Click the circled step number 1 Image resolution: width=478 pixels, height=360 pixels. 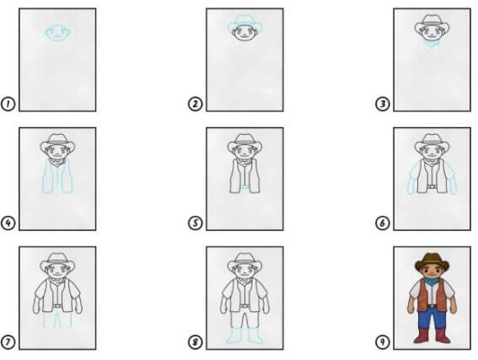[x=8, y=104]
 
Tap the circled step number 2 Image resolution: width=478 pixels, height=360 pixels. [x=195, y=104]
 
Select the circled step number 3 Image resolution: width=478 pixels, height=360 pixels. [x=382, y=104]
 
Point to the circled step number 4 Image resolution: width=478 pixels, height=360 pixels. [x=8, y=223]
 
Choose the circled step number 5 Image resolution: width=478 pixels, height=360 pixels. [x=195, y=223]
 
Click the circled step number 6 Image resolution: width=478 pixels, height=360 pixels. [x=382, y=223]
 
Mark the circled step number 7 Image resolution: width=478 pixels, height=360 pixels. [x=8, y=342]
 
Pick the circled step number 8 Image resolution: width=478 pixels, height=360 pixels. [x=195, y=342]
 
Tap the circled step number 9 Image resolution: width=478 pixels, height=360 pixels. [x=382, y=342]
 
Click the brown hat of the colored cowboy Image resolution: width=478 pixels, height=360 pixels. [x=432, y=261]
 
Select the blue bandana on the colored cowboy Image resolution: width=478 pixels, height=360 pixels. [x=432, y=281]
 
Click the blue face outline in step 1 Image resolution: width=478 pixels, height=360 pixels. [x=58, y=32]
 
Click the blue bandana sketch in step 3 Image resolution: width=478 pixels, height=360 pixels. [x=432, y=45]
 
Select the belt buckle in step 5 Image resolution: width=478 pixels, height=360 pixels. [x=244, y=186]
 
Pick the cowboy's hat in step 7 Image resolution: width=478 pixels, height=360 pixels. [x=57, y=261]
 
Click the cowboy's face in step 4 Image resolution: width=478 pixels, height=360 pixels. [x=57, y=152]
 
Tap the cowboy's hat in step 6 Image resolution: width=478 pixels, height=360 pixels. [x=432, y=142]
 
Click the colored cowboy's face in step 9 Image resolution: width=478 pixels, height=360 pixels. [x=432, y=270]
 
